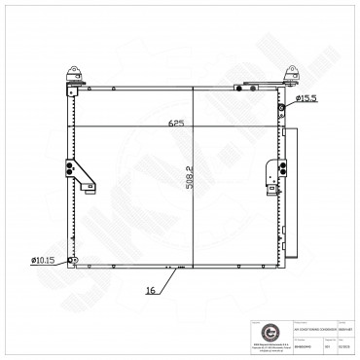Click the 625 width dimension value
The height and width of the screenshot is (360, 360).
pos(176,125)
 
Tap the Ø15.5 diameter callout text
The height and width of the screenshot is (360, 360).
pos(306,99)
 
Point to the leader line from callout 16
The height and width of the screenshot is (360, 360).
pos(168,279)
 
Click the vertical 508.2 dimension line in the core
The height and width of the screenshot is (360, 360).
pos(192,214)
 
